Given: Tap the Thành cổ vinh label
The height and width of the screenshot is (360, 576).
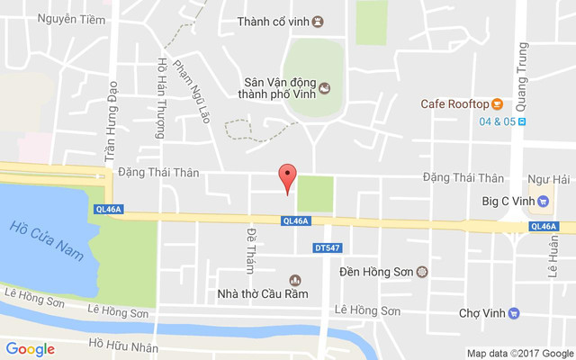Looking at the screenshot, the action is click(x=274, y=22).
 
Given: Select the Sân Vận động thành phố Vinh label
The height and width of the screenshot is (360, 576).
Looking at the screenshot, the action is click(x=278, y=85).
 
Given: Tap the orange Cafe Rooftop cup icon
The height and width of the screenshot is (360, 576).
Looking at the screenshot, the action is click(x=497, y=103).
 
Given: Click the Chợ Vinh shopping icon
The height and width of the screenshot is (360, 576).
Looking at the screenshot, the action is click(x=514, y=313).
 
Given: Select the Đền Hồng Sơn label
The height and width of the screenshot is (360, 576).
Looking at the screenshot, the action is click(x=376, y=271).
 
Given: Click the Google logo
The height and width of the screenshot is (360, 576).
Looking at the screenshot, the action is click(x=31, y=349).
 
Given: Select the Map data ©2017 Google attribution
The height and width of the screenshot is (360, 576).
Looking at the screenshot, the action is click(x=519, y=354).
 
